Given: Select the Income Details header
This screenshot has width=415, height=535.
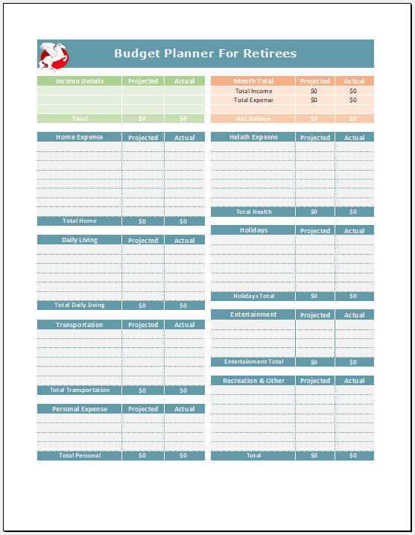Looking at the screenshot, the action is pos(80,81).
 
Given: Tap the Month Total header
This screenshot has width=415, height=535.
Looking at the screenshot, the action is pos(254,81).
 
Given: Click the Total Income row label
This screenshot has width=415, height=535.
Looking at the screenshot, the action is pos(253,91).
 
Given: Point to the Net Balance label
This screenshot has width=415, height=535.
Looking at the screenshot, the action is pos(253,118).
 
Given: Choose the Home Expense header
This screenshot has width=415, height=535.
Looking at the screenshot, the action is pos(80,137).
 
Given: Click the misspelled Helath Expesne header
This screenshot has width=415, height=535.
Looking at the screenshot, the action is pos(253,137).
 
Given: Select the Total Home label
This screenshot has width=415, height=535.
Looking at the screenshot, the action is pos(80,221).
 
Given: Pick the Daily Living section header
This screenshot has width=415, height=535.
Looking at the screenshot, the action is pos(80,240).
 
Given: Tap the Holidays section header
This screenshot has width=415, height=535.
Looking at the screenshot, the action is pos(253,230).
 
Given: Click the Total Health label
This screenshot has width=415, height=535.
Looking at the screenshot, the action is pos(253,212).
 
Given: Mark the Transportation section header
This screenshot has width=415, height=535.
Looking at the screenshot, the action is pos(80,325).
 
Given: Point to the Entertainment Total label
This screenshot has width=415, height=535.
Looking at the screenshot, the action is pos(253,362).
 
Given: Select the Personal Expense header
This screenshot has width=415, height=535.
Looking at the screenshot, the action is pos(80,409).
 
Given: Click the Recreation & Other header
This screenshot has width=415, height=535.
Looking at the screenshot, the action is pos(253,381).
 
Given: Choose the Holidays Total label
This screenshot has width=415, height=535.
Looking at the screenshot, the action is pos(253,296).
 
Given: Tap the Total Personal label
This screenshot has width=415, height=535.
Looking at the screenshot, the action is pos(80,455).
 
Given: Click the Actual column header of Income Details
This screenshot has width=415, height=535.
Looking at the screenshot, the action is pos(184,81).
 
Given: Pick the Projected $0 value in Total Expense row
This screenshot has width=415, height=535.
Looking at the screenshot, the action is pos(314,100).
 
